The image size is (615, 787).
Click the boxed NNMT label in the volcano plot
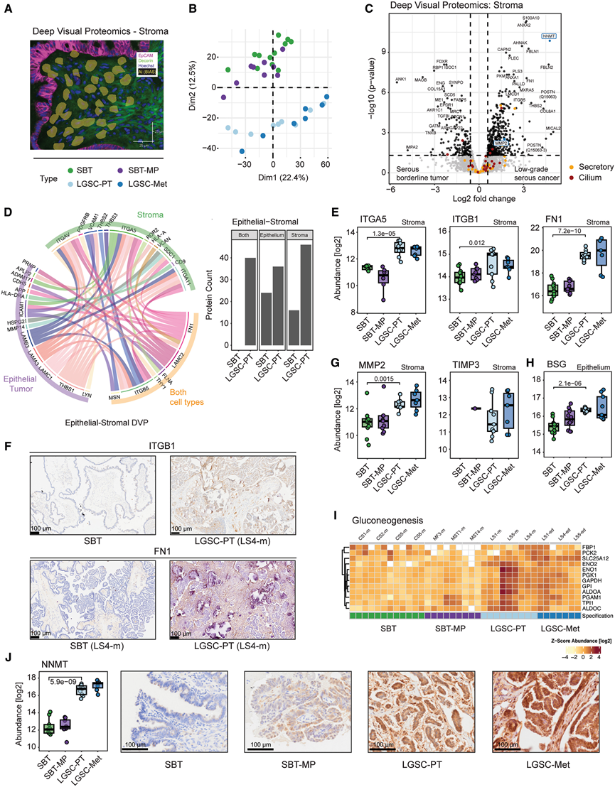coord(548,36)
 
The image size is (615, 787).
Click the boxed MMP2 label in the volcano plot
coord(502,143)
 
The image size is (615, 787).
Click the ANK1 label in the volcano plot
coord(401,79)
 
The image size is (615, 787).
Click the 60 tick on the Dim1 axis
coord(325,163)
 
